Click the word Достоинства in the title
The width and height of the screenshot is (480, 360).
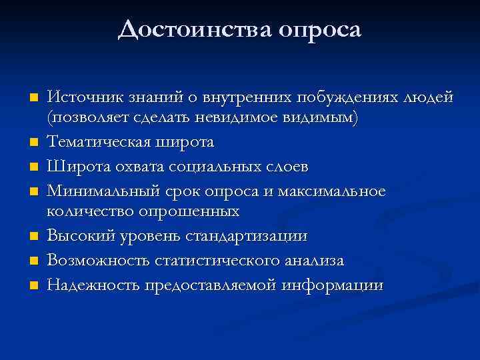[x=192, y=29]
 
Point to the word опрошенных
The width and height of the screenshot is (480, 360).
[x=189, y=212]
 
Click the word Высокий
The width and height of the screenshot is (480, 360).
[x=76, y=236]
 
